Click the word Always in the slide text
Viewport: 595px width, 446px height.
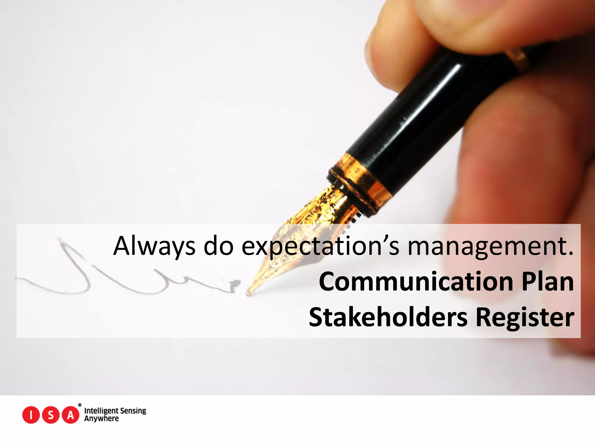pos(154,247)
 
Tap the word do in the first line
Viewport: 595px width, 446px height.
pos(218,247)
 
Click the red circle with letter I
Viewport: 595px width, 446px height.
pos(31,415)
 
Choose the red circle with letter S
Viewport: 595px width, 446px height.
pos(51,415)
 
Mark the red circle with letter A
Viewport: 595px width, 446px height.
pos(70,415)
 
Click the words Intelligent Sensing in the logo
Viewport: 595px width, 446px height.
pos(115,411)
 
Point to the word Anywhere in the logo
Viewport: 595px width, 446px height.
pos(101,419)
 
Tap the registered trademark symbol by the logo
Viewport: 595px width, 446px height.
pos(80,405)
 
